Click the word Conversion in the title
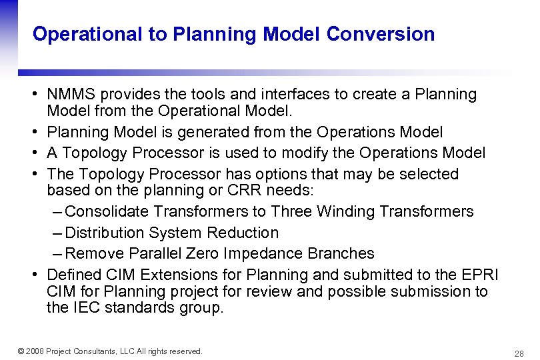click(x=381, y=35)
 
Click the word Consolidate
click(x=108, y=212)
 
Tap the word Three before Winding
click(x=291, y=212)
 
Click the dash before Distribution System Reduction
click(x=57, y=233)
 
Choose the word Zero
click(x=204, y=253)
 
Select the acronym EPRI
click(x=480, y=275)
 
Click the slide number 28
click(x=519, y=353)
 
